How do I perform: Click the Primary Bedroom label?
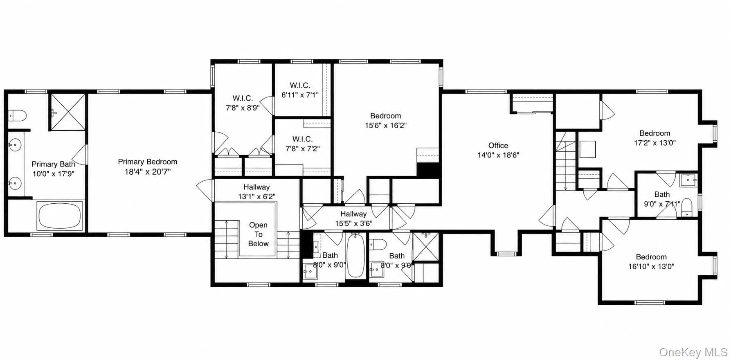[x=148, y=162]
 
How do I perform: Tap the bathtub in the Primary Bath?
[x=60, y=216]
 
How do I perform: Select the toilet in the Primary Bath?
[x=17, y=115]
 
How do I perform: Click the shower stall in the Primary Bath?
[x=68, y=112]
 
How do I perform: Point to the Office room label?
[x=498, y=146]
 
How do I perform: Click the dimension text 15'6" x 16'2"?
[x=386, y=126]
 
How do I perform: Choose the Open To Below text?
[x=258, y=234]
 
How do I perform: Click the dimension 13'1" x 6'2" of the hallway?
[x=256, y=197]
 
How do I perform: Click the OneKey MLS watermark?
[x=693, y=352]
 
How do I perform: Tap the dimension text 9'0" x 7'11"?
[x=662, y=204]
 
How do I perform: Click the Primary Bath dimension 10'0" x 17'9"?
[x=53, y=174]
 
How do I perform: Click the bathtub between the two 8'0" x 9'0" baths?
[x=355, y=255]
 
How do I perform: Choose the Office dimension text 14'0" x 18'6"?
[x=498, y=155]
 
